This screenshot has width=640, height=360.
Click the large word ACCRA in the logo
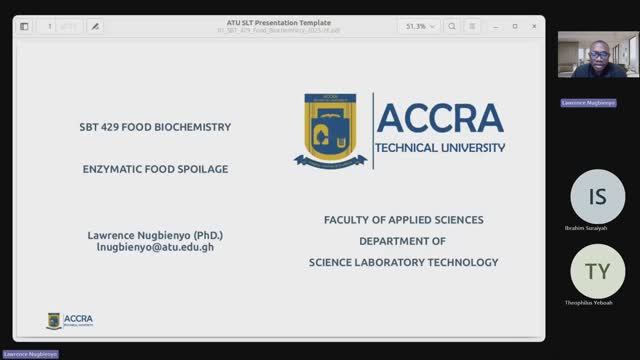(441, 119)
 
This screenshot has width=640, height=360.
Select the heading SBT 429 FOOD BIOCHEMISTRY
(155, 127)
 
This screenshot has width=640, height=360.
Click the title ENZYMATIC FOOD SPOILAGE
(155, 169)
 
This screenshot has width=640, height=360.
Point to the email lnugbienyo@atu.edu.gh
(155, 246)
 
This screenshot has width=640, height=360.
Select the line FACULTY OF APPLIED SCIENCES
(403, 219)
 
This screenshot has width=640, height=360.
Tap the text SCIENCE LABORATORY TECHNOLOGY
(403, 262)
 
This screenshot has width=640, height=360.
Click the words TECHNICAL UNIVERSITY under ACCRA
(440, 148)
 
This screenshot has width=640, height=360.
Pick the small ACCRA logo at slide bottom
(69, 320)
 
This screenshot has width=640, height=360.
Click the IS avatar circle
(597, 196)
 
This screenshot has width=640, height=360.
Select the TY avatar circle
(597, 271)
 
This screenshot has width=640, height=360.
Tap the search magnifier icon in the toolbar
(453, 26)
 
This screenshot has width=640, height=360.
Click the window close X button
(534, 26)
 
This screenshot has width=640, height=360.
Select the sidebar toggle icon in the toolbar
(24, 26)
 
